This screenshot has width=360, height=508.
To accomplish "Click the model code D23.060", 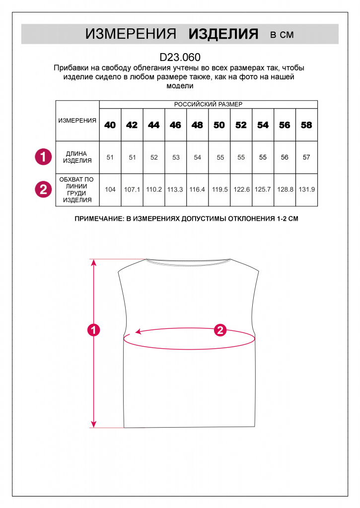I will [x=180, y=57].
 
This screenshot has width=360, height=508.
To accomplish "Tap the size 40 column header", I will [x=110, y=125].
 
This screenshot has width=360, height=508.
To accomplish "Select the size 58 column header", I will [x=306, y=125].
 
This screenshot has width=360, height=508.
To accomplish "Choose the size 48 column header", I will [x=197, y=125].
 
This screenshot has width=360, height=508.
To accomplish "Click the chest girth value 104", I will [x=110, y=189].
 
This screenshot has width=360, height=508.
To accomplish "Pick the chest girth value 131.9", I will [x=306, y=189].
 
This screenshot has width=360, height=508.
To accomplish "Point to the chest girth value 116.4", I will [x=197, y=189].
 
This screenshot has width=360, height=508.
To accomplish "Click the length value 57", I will [x=306, y=157].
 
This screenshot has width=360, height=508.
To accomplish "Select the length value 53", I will [x=176, y=157].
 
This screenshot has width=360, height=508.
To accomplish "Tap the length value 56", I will [x=285, y=157].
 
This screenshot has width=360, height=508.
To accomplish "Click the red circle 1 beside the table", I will [x=43, y=157].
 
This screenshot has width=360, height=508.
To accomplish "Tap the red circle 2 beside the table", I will [x=43, y=189].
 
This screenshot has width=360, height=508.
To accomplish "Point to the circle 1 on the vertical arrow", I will [x=93, y=329].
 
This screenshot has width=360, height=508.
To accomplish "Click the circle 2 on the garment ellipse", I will [x=220, y=330].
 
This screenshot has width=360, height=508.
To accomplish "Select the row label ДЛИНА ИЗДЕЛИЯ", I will [x=78, y=157].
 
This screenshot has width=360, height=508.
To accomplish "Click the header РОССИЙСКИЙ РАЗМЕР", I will [x=208, y=105].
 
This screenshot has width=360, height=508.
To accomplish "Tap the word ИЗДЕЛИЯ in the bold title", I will [x=223, y=34].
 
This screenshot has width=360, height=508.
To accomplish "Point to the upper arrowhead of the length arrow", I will [x=93, y=262].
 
